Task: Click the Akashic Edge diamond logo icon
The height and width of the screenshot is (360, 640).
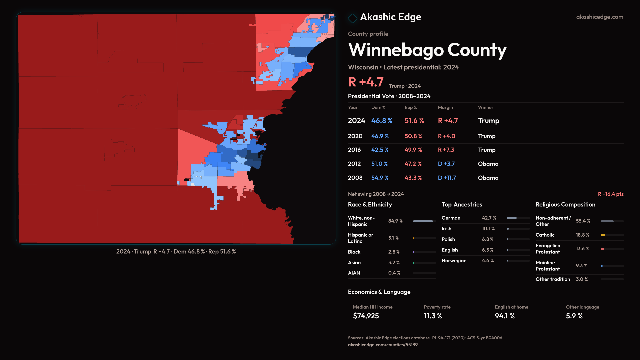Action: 352,18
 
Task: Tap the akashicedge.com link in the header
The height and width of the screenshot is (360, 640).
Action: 599,17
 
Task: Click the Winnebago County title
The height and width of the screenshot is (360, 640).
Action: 427,50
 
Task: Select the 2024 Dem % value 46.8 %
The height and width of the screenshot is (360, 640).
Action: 382,121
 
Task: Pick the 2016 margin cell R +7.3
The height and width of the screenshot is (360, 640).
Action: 446,150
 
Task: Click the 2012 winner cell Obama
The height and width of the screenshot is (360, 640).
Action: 488,164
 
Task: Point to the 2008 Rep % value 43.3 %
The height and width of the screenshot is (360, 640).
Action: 413,178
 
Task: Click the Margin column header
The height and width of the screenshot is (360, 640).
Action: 445,107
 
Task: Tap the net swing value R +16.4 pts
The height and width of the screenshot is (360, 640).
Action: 610,194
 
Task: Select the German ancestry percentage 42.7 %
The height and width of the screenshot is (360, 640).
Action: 489,218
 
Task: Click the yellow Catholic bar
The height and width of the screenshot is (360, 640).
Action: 603,235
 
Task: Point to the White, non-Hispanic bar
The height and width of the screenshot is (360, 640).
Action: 423,221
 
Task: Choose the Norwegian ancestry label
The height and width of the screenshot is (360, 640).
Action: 454,261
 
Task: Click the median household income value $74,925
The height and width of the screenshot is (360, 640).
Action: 366,316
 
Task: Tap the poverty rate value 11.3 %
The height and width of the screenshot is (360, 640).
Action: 433,316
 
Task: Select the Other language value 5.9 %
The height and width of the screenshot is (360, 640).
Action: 574,316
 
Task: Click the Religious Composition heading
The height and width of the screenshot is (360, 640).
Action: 565,205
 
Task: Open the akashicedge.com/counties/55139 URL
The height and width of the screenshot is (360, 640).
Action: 382,345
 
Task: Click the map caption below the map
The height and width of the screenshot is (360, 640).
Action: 176,252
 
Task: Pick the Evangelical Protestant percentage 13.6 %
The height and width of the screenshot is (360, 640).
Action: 582,249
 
